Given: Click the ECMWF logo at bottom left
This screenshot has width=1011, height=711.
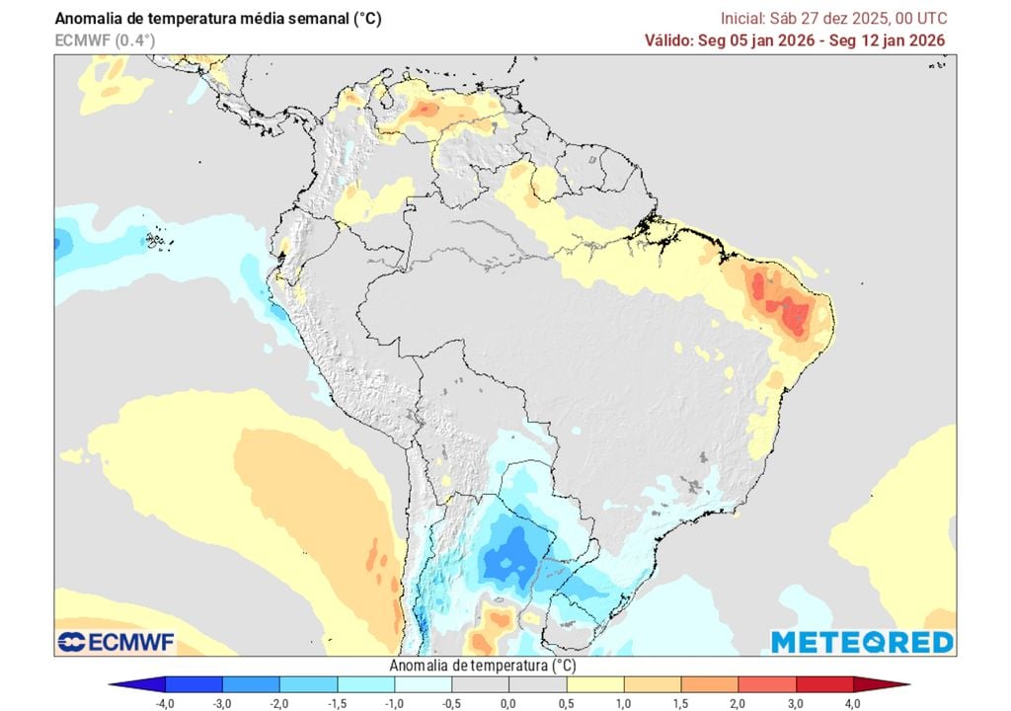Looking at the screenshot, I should click(116, 642).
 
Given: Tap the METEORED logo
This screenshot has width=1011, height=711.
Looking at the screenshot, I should click(862, 642).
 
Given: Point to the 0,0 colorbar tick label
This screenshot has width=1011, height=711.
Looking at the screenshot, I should click(507, 702).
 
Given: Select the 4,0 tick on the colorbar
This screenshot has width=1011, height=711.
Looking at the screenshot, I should click(851, 702).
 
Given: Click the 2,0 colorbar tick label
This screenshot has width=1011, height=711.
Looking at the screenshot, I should click(737, 702).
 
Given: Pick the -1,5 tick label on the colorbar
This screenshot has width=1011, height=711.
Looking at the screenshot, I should click(338, 702).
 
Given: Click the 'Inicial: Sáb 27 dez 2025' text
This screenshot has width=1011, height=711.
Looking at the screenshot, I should click(832, 19).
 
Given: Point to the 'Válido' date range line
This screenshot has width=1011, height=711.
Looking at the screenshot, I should click(795, 39).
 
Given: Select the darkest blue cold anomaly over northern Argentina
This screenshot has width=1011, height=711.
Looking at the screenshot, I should click(509, 559).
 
